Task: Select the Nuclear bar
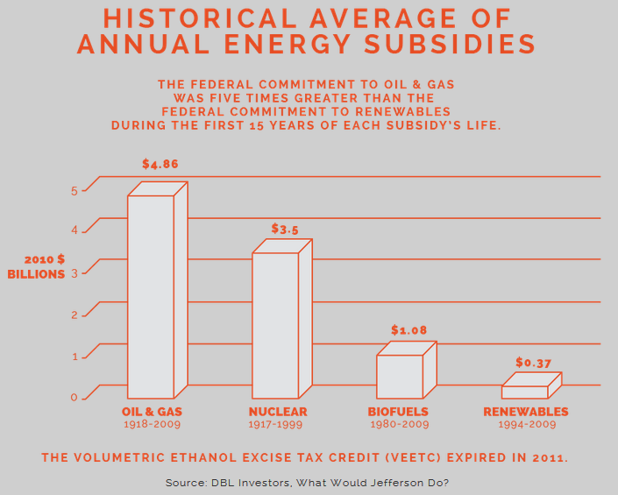tap(275, 324)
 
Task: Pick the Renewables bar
tap(524, 391)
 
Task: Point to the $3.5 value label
tap(285, 229)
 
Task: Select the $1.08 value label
tap(409, 330)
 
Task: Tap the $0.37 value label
tap(532, 362)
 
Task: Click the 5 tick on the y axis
tap(75, 190)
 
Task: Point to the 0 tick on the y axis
tap(75, 398)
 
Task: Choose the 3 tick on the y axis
tap(75, 273)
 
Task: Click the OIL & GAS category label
tap(152, 412)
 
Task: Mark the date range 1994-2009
tap(526, 425)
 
